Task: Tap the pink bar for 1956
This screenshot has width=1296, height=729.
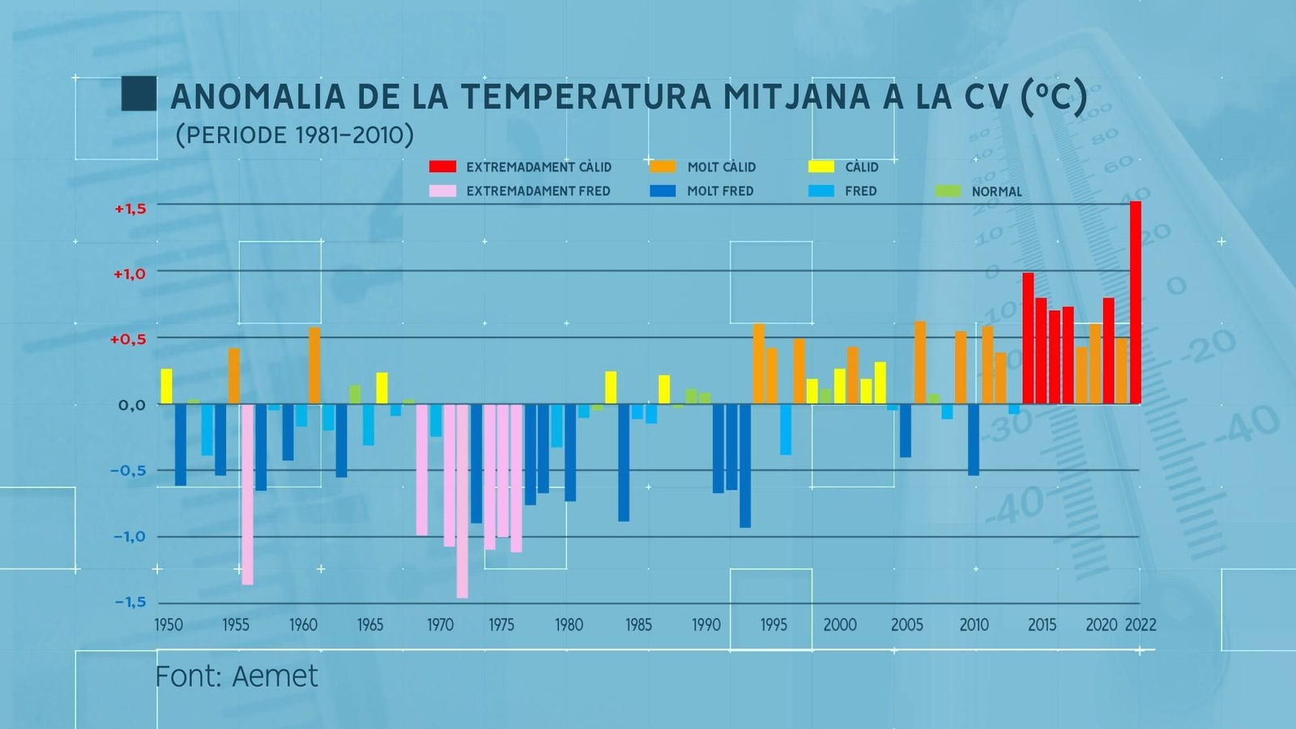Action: click(247, 494)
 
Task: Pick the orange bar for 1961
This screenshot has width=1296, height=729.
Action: click(315, 365)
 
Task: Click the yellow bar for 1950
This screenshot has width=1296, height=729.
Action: click(167, 386)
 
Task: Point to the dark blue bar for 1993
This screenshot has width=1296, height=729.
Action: click(745, 466)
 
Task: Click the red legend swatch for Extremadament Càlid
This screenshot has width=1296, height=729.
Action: click(442, 167)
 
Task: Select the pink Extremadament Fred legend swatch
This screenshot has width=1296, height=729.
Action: click(442, 191)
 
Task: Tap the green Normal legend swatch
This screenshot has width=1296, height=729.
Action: click(948, 192)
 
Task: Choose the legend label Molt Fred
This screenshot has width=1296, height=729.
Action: click(720, 191)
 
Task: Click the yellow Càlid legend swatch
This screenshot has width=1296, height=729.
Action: click(821, 167)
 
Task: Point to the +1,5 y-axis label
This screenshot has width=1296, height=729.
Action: click(130, 209)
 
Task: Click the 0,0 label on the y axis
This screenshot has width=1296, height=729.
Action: click(132, 405)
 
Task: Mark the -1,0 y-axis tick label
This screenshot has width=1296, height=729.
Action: click(130, 536)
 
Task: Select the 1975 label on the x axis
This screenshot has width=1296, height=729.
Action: click(501, 625)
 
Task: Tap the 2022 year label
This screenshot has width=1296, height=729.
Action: click(1140, 625)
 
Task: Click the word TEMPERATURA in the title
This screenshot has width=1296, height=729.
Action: click(587, 97)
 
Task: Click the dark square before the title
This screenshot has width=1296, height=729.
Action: click(139, 93)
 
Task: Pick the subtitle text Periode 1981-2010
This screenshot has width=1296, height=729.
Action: click(295, 134)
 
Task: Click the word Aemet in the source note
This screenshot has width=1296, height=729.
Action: click(275, 676)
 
